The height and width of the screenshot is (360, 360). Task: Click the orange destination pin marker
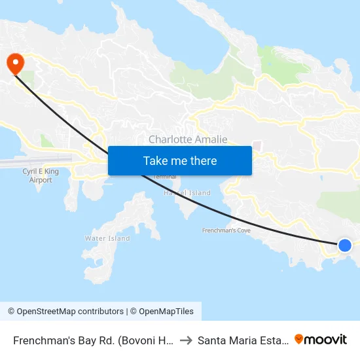pos(14,62)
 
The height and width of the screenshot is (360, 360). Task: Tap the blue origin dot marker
pos(345,245)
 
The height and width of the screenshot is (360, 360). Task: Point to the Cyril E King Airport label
pos(41,175)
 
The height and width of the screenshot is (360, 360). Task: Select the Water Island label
pos(107,238)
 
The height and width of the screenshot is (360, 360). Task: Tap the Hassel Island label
pos(190,193)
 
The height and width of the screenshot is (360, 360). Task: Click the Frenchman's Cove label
pos(226,231)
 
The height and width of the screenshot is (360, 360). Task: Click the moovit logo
pos(321,339)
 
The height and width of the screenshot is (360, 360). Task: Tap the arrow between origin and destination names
pos(185,340)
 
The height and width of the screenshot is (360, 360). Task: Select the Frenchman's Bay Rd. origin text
pos(92,340)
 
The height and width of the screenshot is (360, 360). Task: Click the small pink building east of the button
pos(257,145)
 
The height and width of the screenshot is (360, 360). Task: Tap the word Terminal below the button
pos(164,177)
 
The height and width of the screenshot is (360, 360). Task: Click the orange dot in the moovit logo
pos(299,339)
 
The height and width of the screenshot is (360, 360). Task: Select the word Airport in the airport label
pos(41,180)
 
